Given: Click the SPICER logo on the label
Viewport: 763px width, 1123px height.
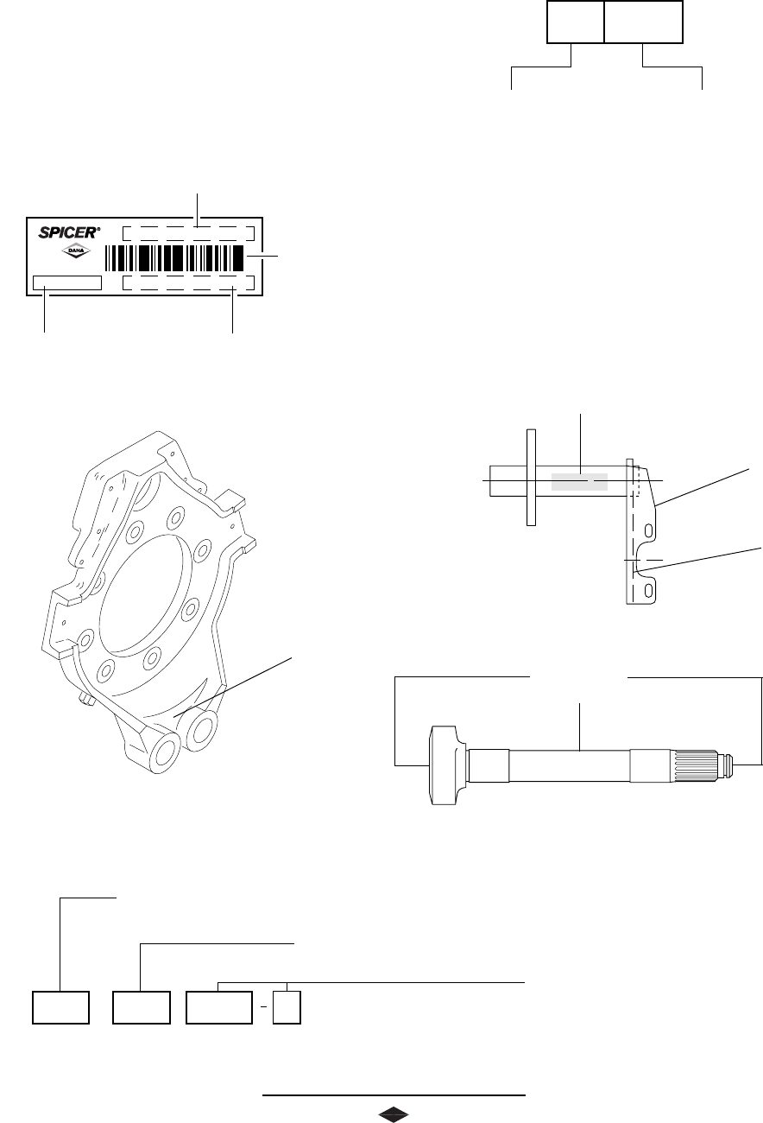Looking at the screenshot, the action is point(69,232).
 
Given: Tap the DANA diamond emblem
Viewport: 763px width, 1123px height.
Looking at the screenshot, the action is point(76,251).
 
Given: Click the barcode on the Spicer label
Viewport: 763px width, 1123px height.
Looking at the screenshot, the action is point(174,258).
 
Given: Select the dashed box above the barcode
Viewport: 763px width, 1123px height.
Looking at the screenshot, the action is point(188,233).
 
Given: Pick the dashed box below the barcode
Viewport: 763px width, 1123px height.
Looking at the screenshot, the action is point(188,282).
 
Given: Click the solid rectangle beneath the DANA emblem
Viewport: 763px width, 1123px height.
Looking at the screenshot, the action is point(67,282).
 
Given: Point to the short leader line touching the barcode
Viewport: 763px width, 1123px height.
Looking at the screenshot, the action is point(262,257).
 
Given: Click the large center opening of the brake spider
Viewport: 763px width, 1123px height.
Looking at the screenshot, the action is point(142,595).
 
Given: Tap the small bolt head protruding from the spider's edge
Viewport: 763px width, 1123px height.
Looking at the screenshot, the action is point(86,700).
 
